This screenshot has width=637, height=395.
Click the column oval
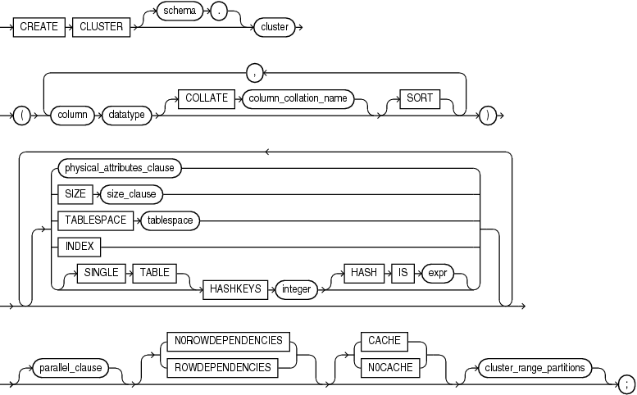(72, 116)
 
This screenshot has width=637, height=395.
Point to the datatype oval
(125, 116)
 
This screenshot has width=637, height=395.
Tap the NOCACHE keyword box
(384, 367)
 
